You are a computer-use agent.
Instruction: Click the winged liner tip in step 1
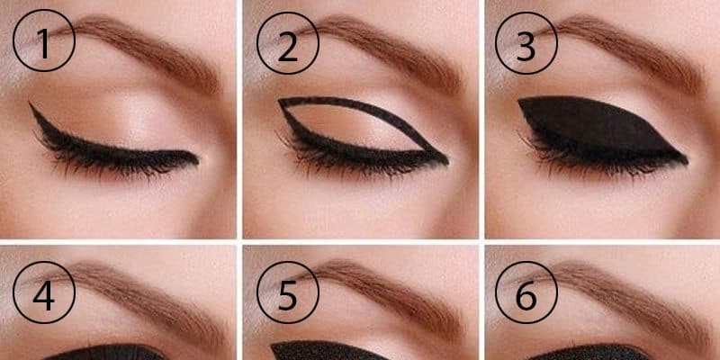pos(31,105)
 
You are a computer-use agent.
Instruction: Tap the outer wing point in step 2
pos(279,101)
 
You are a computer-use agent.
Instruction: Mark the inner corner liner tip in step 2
pos(444,162)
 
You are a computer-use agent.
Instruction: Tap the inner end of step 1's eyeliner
pos(197,158)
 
